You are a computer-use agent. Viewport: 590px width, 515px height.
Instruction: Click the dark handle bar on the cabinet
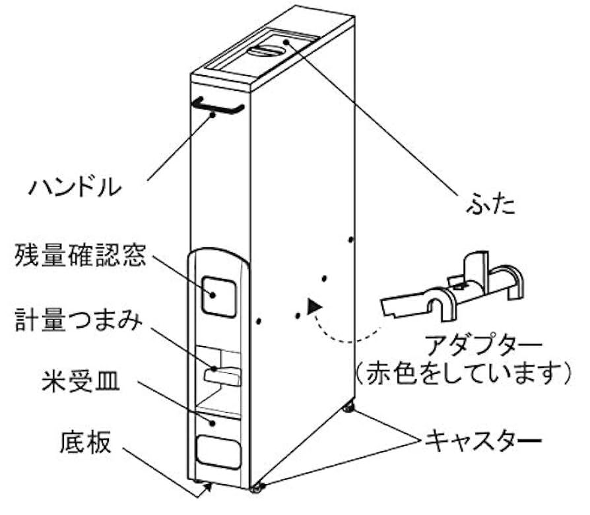point(218,106)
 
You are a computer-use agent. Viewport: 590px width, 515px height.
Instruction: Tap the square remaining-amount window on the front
point(218,295)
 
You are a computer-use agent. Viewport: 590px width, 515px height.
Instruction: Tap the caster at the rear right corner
point(347,409)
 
